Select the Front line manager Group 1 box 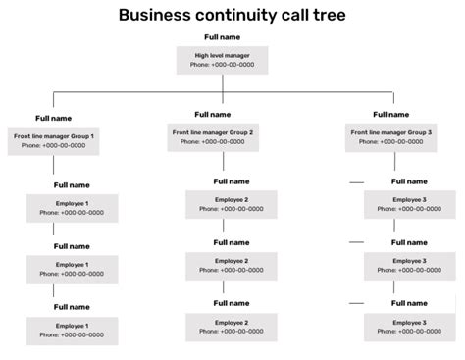coord(54,139)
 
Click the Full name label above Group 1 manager coord(53,118)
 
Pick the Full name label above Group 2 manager coord(213,114)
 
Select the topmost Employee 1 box coord(72,207)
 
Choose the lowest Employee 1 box coord(72,329)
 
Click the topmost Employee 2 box coord(231,204)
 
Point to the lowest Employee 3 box coord(410,327)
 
